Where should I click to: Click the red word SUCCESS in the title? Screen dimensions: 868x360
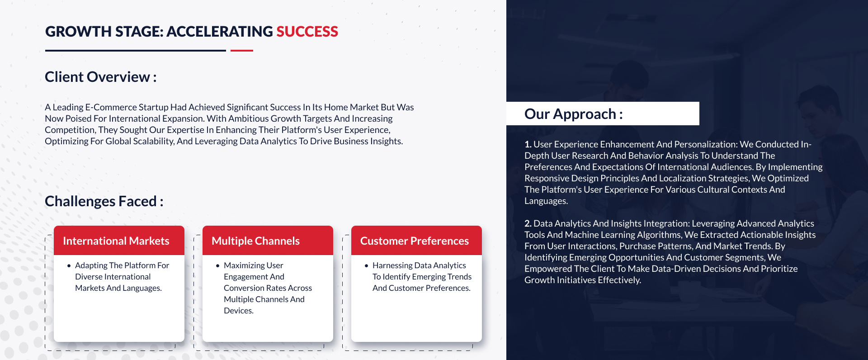coord(307,32)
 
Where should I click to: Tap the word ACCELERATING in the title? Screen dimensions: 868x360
coord(220,32)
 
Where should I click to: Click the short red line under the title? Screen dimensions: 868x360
coord(242,51)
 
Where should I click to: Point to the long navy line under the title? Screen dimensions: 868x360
coord(136,51)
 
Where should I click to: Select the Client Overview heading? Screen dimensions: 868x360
coord(101,77)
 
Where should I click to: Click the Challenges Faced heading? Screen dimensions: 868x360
coord(104,201)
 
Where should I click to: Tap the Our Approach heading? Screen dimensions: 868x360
coord(574,114)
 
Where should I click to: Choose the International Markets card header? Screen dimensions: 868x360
coord(119,241)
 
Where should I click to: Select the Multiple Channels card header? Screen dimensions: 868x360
coord(268,241)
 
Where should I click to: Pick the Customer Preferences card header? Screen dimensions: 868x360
coord(416,241)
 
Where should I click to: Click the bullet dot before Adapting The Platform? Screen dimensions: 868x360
coord(69,266)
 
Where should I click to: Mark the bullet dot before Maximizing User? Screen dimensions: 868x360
coord(217,266)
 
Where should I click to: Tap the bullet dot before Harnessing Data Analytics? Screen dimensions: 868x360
coord(366,266)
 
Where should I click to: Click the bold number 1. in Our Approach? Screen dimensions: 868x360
coord(528,144)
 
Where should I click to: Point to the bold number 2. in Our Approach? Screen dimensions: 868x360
coord(528,223)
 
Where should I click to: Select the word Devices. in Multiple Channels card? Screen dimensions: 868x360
coord(239,311)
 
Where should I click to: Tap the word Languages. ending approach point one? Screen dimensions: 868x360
coord(546,201)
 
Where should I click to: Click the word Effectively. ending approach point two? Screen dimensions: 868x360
coord(619,280)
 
